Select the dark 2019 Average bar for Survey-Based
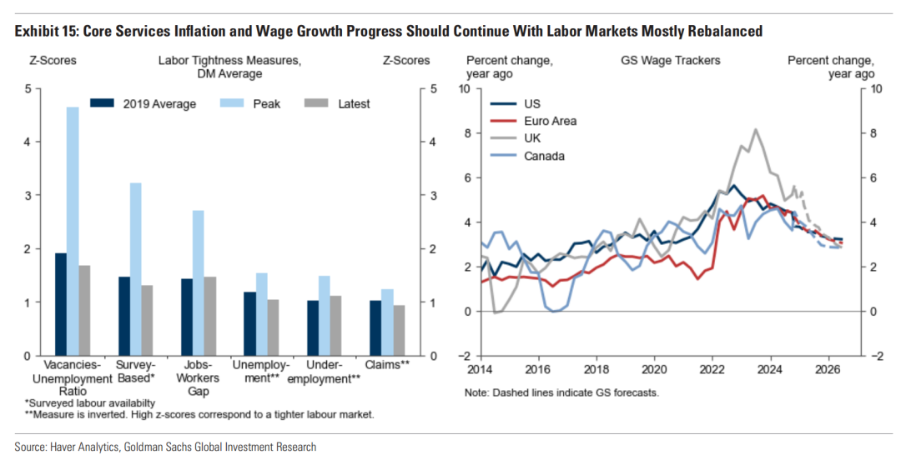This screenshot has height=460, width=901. [x=123, y=316]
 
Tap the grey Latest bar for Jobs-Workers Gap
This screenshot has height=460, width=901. [x=210, y=316]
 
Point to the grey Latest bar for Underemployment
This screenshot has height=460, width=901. [x=336, y=325]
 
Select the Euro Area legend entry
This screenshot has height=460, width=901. [x=550, y=121]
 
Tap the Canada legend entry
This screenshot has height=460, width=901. [x=544, y=156]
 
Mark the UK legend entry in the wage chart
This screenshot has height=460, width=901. [x=532, y=138]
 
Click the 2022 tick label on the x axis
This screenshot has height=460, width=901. [x=712, y=367]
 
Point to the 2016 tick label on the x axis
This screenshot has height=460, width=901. [x=538, y=367]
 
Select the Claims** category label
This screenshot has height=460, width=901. [x=387, y=365]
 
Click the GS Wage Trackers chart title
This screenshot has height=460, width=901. [x=670, y=61]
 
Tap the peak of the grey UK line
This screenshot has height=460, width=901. [x=755, y=129]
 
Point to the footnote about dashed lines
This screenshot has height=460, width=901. [x=562, y=392]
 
